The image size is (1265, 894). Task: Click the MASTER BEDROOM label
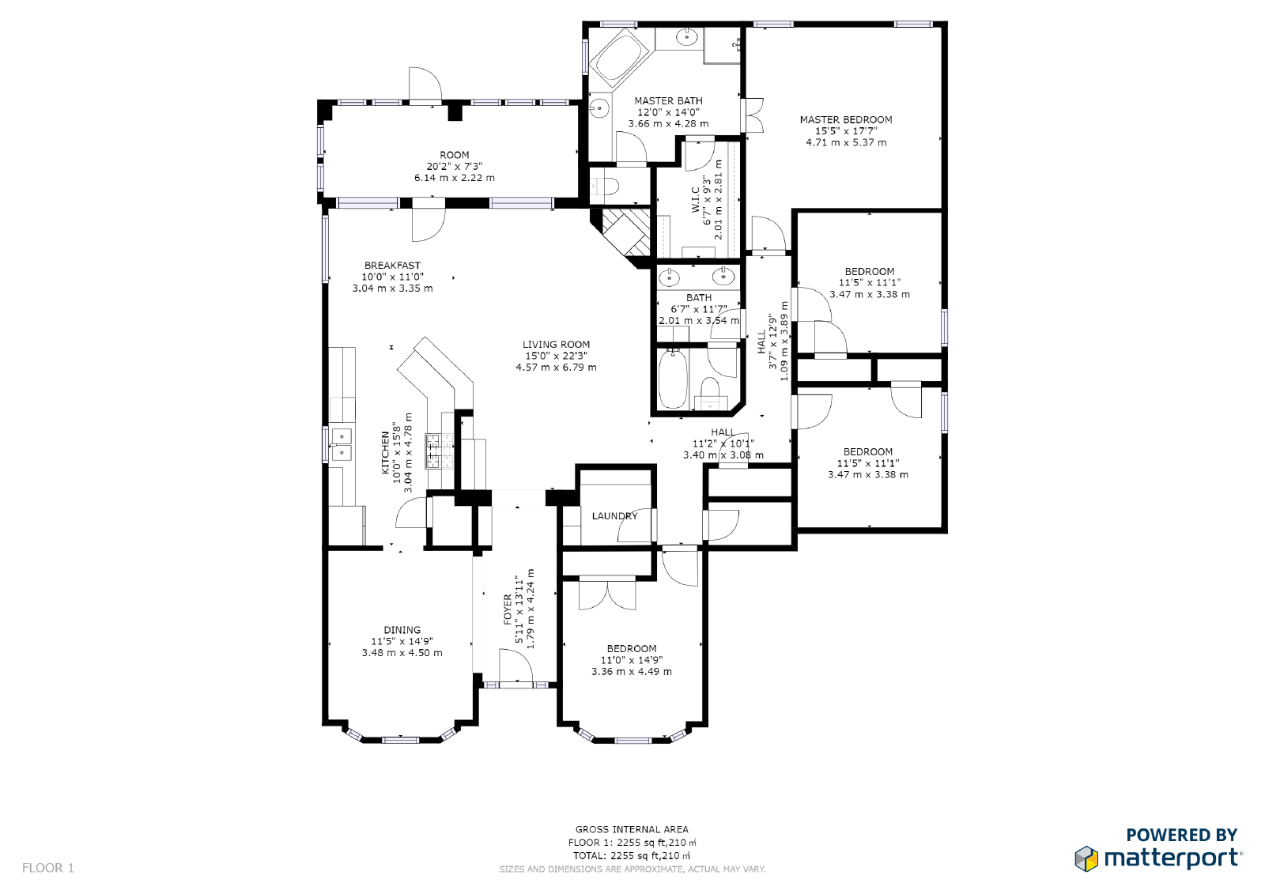click(845, 119)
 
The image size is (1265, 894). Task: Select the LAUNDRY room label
click(614, 515)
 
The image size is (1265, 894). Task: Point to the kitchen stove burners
click(440, 451)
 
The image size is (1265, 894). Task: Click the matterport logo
click(1158, 858)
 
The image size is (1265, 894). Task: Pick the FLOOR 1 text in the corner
click(48, 868)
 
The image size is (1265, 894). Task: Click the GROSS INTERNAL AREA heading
click(632, 830)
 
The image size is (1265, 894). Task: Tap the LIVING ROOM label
click(556, 345)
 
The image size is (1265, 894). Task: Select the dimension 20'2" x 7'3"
click(454, 167)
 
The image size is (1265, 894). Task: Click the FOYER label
click(507, 609)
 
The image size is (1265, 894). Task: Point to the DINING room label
click(402, 630)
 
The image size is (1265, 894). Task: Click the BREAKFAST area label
click(392, 266)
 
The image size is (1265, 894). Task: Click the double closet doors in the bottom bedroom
click(607, 594)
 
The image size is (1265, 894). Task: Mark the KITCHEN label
click(386, 452)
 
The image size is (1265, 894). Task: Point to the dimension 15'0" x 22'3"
click(556, 356)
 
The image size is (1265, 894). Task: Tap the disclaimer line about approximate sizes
click(632, 869)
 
